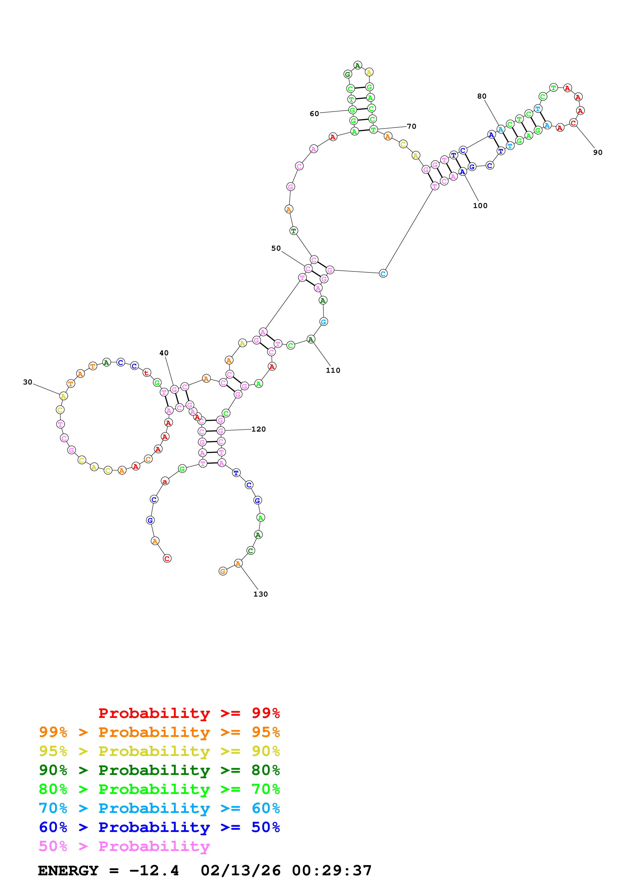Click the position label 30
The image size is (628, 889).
pyautogui.click(x=27, y=382)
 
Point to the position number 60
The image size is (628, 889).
pyautogui.click(x=314, y=114)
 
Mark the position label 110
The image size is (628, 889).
pyautogui.click(x=333, y=370)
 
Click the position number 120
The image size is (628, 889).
pyautogui.click(x=258, y=429)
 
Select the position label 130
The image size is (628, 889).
pyautogui.click(x=260, y=594)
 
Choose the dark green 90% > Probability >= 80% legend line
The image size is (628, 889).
pyautogui.click(x=159, y=770)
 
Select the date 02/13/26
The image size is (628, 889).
pyautogui.click(x=241, y=871)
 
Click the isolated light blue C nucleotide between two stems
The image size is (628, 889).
pyautogui.click(x=383, y=273)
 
